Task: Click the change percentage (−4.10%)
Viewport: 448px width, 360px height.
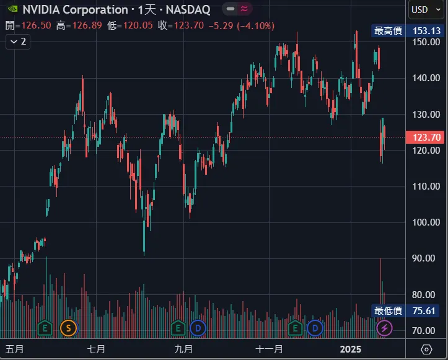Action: (x=256, y=25)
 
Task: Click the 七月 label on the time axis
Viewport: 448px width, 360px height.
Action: (x=96, y=349)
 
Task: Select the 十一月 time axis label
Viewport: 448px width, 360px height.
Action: (x=270, y=349)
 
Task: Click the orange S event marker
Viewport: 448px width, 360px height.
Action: (x=68, y=327)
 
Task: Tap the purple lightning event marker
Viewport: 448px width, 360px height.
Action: (x=385, y=327)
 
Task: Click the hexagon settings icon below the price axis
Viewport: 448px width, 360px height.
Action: (x=427, y=349)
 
